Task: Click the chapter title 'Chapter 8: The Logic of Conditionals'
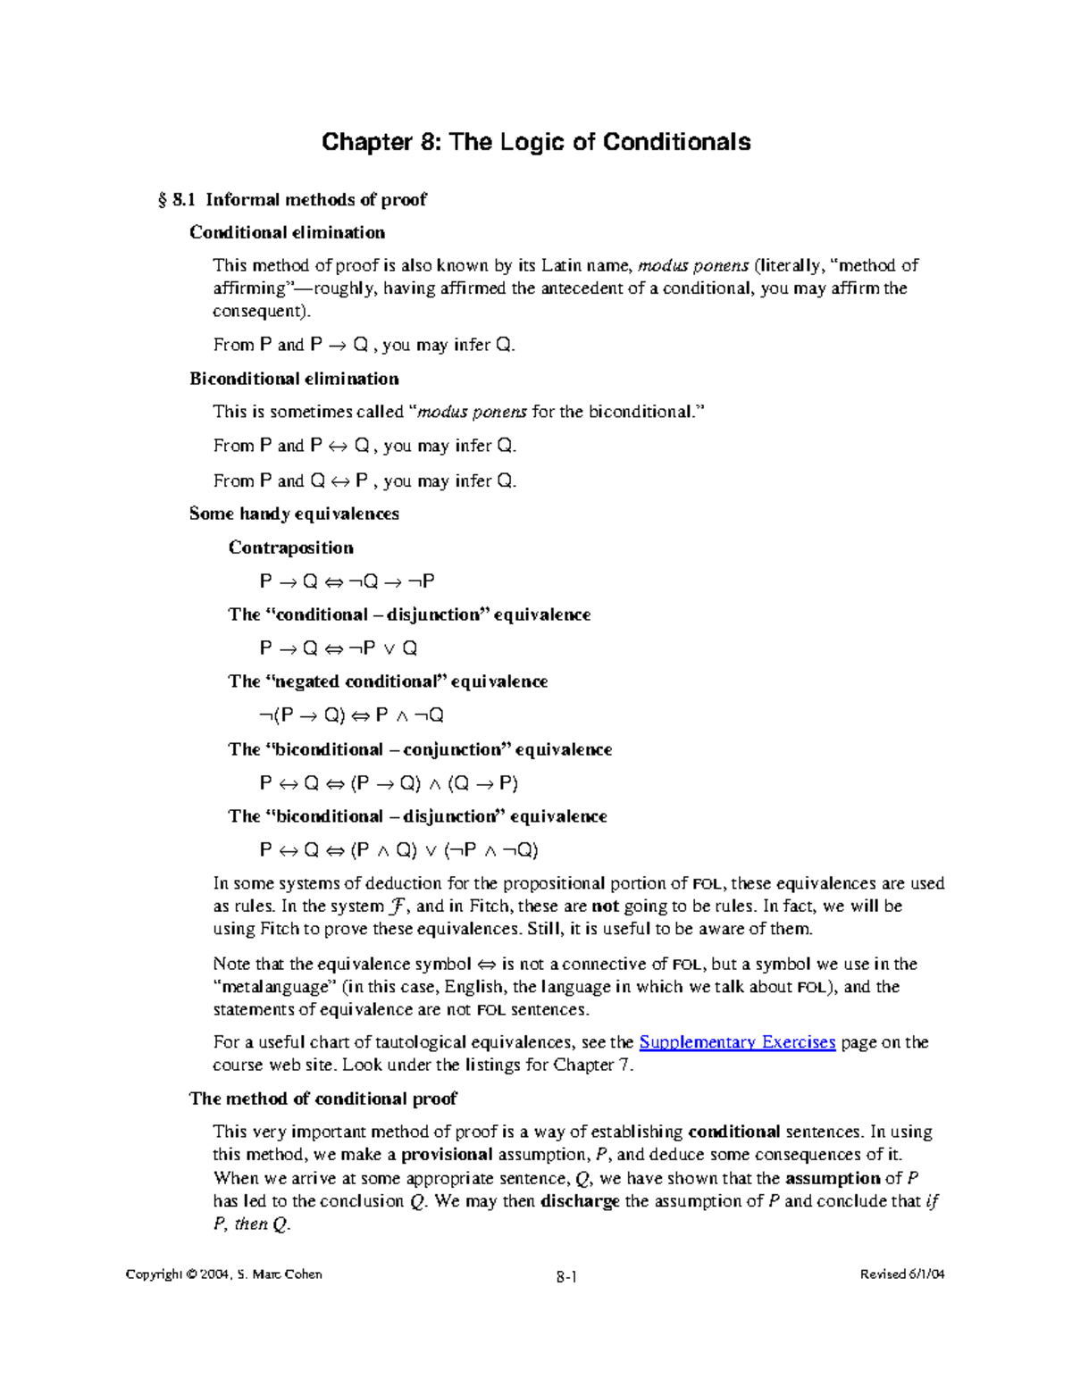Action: click(536, 142)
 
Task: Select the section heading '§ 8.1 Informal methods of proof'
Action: click(292, 199)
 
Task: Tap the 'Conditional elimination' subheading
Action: click(287, 232)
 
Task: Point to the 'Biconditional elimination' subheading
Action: click(294, 379)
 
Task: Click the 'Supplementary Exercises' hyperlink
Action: click(737, 1042)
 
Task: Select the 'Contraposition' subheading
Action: click(290, 547)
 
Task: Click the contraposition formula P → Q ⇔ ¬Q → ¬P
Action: click(347, 581)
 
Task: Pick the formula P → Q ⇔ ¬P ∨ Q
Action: click(338, 648)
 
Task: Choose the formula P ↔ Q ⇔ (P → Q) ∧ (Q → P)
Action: click(388, 783)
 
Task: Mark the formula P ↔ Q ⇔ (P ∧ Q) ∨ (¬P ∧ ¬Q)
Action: click(398, 850)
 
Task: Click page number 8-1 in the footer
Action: click(565, 1276)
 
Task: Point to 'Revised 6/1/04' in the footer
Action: click(901, 1274)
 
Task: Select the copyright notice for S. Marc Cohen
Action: click(223, 1274)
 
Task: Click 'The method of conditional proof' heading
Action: click(322, 1099)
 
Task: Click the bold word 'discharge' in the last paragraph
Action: click(580, 1201)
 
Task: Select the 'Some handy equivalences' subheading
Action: click(294, 514)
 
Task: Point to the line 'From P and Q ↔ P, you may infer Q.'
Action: click(364, 480)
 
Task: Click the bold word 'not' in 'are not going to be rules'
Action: click(605, 906)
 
